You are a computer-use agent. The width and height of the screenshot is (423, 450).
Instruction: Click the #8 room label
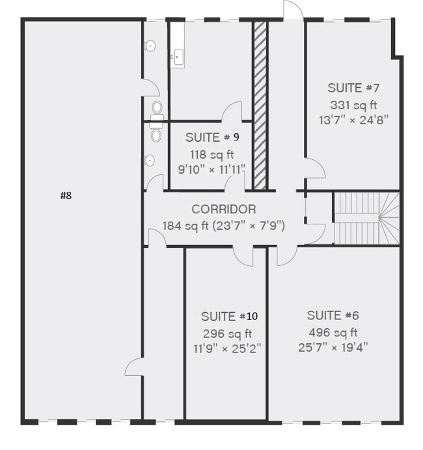coord(66,196)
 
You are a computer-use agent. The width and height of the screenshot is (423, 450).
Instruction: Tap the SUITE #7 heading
coord(353,88)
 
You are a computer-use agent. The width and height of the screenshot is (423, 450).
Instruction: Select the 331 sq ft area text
coord(353,105)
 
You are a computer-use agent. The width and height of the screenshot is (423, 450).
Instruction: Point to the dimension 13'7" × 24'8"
coord(353,120)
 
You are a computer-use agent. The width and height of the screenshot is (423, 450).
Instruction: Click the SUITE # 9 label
coord(212,137)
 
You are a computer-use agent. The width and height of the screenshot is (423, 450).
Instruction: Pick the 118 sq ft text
coord(212,155)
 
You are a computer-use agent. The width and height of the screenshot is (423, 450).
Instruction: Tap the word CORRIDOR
coord(224,209)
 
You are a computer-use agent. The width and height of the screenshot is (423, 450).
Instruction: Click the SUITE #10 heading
coord(229,317)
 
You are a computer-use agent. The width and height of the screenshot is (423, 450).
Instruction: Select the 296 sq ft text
coord(227,334)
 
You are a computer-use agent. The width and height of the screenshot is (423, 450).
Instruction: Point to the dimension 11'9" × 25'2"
coord(227,349)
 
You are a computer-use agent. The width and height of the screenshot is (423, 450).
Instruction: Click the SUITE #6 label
coord(333,315)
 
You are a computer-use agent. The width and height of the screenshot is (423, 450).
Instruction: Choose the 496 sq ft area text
coord(333,332)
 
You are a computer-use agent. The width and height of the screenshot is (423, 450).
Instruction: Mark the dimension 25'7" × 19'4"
coord(333,347)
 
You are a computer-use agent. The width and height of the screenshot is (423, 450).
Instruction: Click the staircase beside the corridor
coord(367,218)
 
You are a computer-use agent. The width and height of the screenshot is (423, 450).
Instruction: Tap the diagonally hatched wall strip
coord(260,105)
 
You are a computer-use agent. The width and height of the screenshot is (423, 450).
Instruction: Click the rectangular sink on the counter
coord(178,57)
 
